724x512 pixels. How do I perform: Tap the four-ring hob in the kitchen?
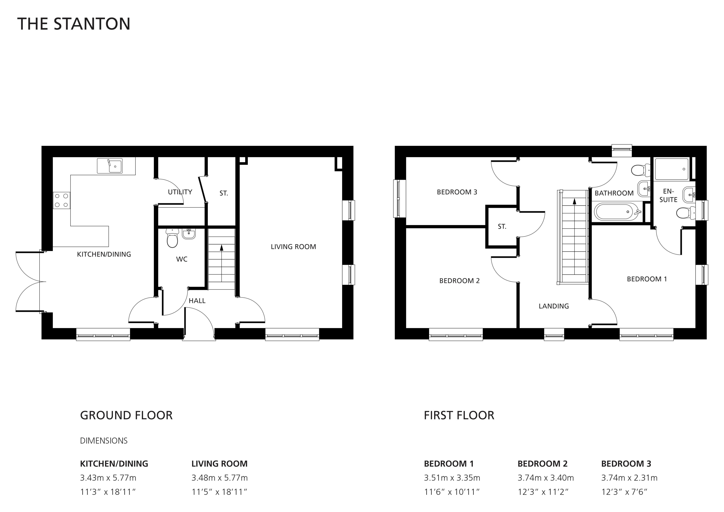[62, 200]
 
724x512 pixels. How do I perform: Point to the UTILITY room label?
[180, 192]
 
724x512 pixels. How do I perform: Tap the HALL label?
[197, 301]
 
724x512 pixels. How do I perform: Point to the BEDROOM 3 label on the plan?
[457, 192]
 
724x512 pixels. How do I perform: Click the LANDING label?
[554, 306]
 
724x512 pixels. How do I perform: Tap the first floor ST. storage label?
[502, 226]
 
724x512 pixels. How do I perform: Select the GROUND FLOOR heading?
[126, 415]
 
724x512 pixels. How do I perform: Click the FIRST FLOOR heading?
[459, 415]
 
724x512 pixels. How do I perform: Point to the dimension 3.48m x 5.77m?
[220, 478]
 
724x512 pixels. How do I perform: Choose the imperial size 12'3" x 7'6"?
[624, 492]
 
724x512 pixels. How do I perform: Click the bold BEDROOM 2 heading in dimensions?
[543, 464]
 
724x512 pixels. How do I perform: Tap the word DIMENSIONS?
[104, 441]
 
